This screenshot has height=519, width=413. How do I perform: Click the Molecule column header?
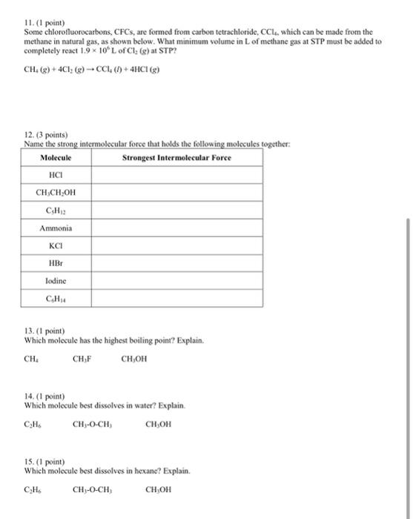tap(56, 158)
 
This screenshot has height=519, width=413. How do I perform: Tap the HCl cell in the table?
tap(56, 176)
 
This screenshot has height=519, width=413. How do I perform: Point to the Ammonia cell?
tap(56, 228)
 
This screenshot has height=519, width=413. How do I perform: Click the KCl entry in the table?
tap(56, 246)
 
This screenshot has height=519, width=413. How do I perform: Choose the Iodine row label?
tap(56, 281)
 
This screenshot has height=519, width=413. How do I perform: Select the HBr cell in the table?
tap(56, 264)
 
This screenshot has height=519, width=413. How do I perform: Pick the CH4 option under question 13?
tap(31, 360)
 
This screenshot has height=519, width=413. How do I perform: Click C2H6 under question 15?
tap(31, 490)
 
